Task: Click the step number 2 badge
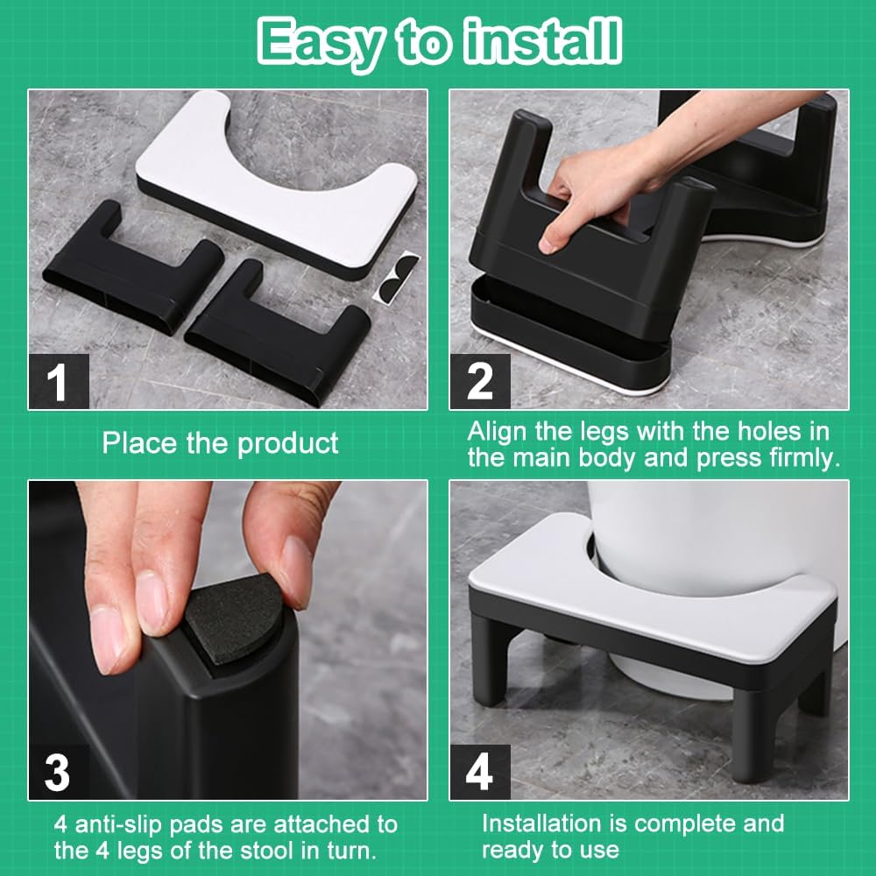tap(480, 382)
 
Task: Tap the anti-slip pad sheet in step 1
tap(397, 277)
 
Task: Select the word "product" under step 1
tap(287, 444)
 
